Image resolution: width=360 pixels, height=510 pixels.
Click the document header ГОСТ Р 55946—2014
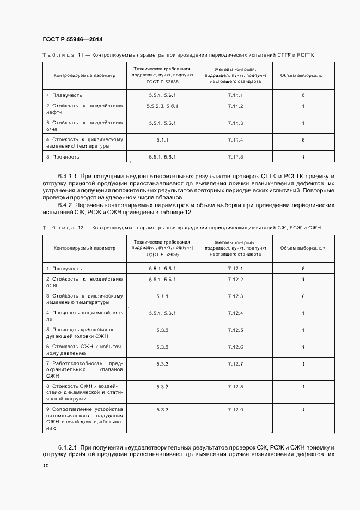pyautogui.click(x=72, y=39)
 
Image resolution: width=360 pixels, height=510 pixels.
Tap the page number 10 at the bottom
pyautogui.click(x=46, y=466)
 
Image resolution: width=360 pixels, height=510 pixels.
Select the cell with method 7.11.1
pyautogui.click(x=235, y=95)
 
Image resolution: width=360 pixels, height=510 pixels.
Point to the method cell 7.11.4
pyautogui.click(x=235, y=140)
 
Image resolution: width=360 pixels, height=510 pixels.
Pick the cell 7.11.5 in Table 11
pyautogui.click(x=235, y=157)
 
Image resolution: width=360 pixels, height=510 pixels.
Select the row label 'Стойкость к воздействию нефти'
pyautogui.click(x=84, y=109)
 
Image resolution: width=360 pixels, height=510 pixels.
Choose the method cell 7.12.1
pyautogui.click(x=235, y=269)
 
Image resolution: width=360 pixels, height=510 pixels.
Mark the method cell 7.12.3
pyautogui.click(x=235, y=296)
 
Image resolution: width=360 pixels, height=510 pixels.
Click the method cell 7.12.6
pyautogui.click(x=235, y=347)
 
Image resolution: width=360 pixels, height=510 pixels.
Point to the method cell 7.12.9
pyautogui.click(x=235, y=409)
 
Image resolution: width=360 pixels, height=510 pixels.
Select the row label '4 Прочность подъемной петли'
pyautogui.click(x=84, y=316)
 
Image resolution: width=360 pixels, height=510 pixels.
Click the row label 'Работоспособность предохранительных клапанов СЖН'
pyautogui.click(x=84, y=369)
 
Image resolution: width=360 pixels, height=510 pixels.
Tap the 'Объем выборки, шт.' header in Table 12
pyautogui.click(x=303, y=248)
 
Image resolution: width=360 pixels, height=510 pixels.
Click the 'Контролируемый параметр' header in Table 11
pyautogui.click(x=84, y=75)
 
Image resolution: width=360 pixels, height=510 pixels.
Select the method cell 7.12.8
pyautogui.click(x=235, y=386)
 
